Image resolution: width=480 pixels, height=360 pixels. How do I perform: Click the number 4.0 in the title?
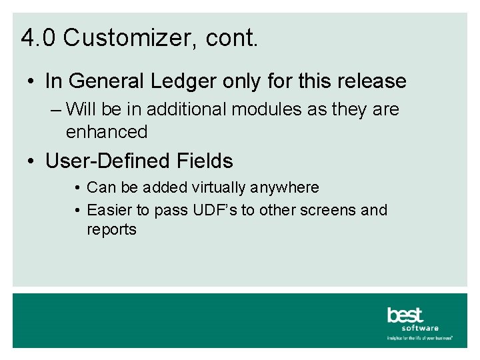click(39, 38)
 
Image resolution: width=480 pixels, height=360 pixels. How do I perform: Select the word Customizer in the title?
click(127, 38)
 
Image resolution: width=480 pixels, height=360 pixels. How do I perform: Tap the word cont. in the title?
click(231, 38)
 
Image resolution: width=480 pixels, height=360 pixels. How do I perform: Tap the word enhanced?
click(107, 132)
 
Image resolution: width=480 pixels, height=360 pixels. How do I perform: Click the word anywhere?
click(286, 188)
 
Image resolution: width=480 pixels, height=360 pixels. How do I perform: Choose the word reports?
click(111, 231)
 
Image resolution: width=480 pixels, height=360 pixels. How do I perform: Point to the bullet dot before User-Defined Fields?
click(31, 162)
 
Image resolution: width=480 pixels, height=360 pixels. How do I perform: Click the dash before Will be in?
click(56, 109)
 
